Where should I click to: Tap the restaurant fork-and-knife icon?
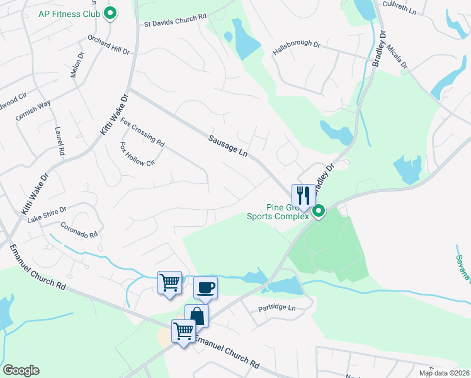coord(304,195)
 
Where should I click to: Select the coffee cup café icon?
coord(205,288)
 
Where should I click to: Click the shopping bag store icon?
coord(196,316)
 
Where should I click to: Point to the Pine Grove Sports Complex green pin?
coord(319,211)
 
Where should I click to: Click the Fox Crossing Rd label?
coord(142,131)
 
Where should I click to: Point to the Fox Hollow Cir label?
coord(137,154)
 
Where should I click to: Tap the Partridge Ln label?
coord(277,308)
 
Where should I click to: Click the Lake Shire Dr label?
coord(47,214)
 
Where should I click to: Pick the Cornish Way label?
coord(33,110)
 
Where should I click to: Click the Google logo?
coord(21,370)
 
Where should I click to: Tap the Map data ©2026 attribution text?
coord(444,373)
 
